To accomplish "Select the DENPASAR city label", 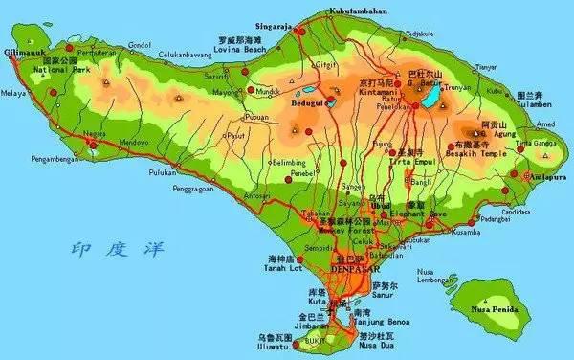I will (355, 269).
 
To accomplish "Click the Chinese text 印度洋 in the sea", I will (106, 251).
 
